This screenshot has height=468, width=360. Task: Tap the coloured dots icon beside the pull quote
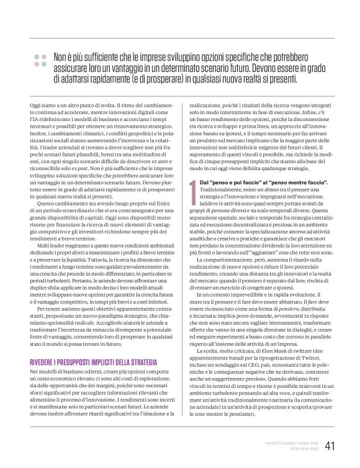(40, 60)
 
